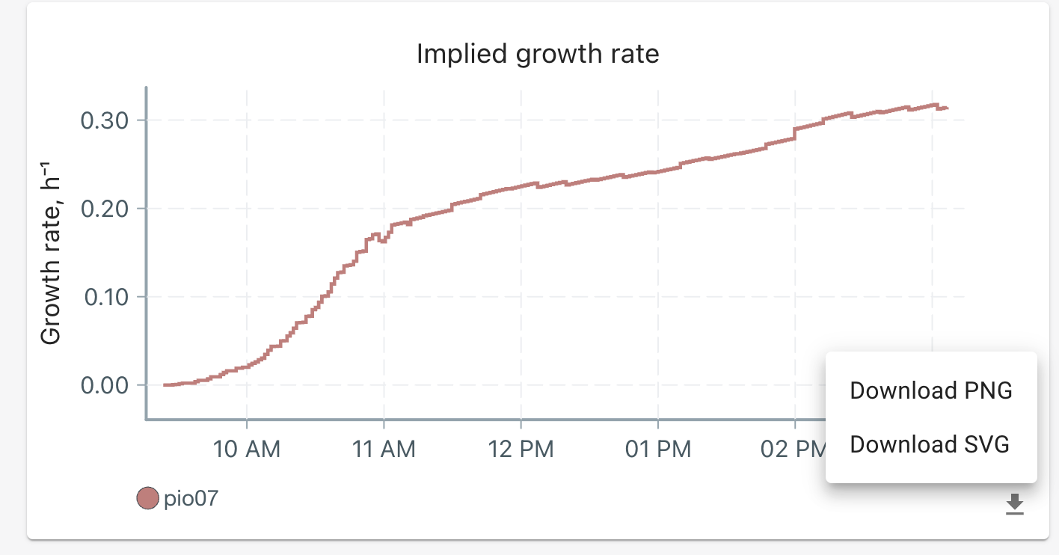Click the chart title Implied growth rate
pyautogui.click(x=538, y=54)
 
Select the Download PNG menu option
pyautogui.click(x=930, y=390)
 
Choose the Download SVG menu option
pyautogui.click(x=930, y=444)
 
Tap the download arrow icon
pyautogui.click(x=1014, y=504)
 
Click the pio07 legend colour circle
pyautogui.click(x=148, y=498)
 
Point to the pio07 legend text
pyautogui.click(x=191, y=498)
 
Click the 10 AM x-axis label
pyautogui.click(x=247, y=450)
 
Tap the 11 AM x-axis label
pyautogui.click(x=384, y=450)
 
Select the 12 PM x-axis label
pyautogui.click(x=521, y=450)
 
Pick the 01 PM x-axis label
pyautogui.click(x=657, y=450)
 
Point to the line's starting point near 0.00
pyautogui.click(x=165, y=384)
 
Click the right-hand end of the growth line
pyautogui.click(x=948, y=108)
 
